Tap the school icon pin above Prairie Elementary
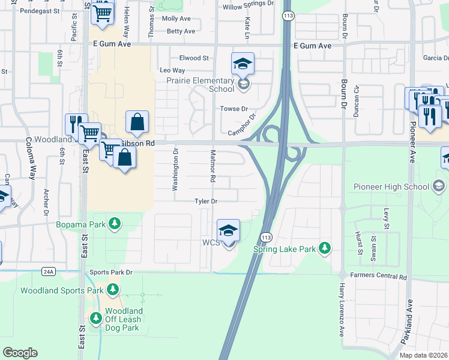point(243,64)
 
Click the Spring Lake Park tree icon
point(325,248)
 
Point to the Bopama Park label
point(81,224)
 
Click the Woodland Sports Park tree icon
point(112,290)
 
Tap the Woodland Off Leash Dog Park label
point(124,319)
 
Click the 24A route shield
point(49,271)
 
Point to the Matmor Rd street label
point(212,166)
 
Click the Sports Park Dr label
point(111,272)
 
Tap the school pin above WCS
point(228,231)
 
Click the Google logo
point(20,353)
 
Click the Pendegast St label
point(40,11)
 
